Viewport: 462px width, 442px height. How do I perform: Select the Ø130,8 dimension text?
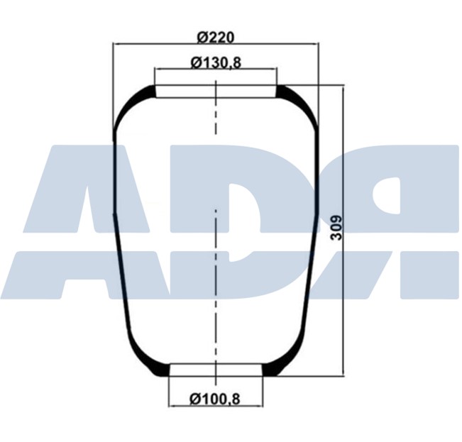216,62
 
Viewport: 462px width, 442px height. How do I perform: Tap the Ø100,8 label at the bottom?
215,399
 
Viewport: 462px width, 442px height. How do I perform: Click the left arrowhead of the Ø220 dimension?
116,44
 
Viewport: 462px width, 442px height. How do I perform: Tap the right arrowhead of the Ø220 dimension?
315,44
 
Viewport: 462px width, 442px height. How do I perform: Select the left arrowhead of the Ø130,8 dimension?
158,70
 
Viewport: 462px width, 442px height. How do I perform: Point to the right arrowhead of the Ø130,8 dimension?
273,70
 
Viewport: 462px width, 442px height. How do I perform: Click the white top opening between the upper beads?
216,92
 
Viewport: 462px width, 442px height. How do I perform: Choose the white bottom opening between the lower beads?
216,370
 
